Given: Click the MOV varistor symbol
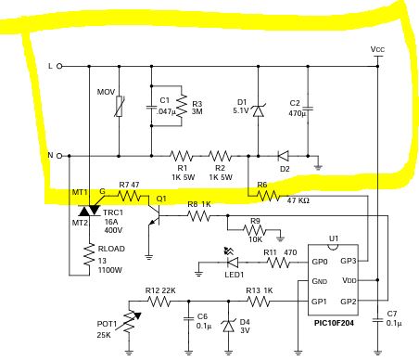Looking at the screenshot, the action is tap(120, 106).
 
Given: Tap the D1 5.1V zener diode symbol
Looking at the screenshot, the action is tap(259, 110).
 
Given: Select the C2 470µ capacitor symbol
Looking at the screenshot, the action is tap(308, 109).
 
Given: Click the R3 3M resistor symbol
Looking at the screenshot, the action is tap(182, 106).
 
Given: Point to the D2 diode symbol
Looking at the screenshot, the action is tap(283, 156).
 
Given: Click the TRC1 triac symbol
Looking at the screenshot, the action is tap(89, 211).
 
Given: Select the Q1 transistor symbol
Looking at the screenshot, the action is tap(155, 215).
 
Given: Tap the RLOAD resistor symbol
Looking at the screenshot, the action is tap(89, 254).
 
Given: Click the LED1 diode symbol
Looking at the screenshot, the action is tap(232, 262).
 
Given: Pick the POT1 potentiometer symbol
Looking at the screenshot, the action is tap(133, 322).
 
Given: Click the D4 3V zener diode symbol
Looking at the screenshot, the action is tap(229, 326).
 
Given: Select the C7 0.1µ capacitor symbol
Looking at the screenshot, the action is tap(377, 320).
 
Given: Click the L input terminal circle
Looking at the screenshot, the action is tap(59, 66).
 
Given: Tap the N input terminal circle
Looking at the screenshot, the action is tap(59, 156).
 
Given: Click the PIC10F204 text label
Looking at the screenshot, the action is tap(334, 323).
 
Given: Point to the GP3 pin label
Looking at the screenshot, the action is tap(349, 261).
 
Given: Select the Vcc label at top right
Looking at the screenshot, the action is tap(377, 49).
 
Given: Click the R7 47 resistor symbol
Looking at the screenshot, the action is tap(130, 196).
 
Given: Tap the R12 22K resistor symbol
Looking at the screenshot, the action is tap(159, 301).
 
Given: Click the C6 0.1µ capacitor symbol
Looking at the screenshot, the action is tap(188, 318).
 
